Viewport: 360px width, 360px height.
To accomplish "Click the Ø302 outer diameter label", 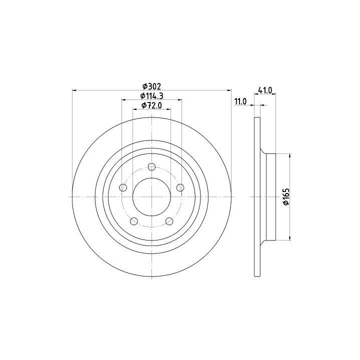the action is (x=152, y=86).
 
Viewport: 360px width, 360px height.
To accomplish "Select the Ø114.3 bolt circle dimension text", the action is (x=152, y=95).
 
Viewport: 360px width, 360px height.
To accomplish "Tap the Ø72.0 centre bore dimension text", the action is (x=152, y=105).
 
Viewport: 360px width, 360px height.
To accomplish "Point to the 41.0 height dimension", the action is (x=265, y=90).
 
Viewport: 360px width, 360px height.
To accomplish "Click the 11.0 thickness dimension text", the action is (x=240, y=101).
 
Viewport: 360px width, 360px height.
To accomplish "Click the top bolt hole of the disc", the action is (x=152, y=167).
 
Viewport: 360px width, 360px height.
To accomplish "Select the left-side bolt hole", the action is (x=123, y=187).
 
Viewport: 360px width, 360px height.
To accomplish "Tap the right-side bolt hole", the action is (x=180, y=187).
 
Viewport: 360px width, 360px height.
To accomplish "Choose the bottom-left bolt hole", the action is (x=134, y=221).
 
